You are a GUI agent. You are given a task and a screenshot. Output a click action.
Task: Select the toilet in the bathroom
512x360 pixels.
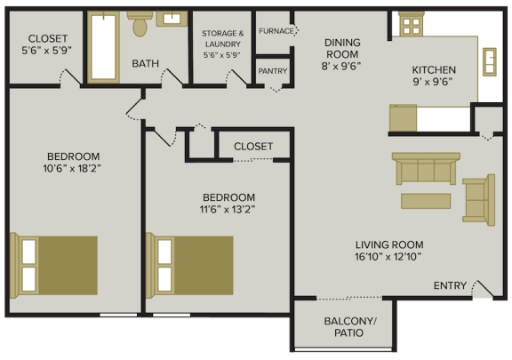pyautogui.click(x=139, y=26)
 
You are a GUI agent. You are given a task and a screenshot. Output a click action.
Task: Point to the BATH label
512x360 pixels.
pyautogui.click(x=145, y=64)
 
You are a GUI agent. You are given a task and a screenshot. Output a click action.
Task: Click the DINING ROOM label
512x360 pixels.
pyautogui.click(x=316, y=52)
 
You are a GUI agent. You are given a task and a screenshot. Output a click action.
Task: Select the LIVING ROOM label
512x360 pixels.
pyautogui.click(x=388, y=251)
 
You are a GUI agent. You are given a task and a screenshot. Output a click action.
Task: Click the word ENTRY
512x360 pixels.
pyautogui.click(x=449, y=285)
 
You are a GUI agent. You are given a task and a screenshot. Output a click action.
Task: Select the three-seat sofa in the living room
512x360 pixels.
pyautogui.click(x=427, y=168)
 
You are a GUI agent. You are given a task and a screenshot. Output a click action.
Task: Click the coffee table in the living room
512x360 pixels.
pyautogui.click(x=425, y=201)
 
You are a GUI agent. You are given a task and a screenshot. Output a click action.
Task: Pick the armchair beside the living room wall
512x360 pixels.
pyautogui.click(x=478, y=199)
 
